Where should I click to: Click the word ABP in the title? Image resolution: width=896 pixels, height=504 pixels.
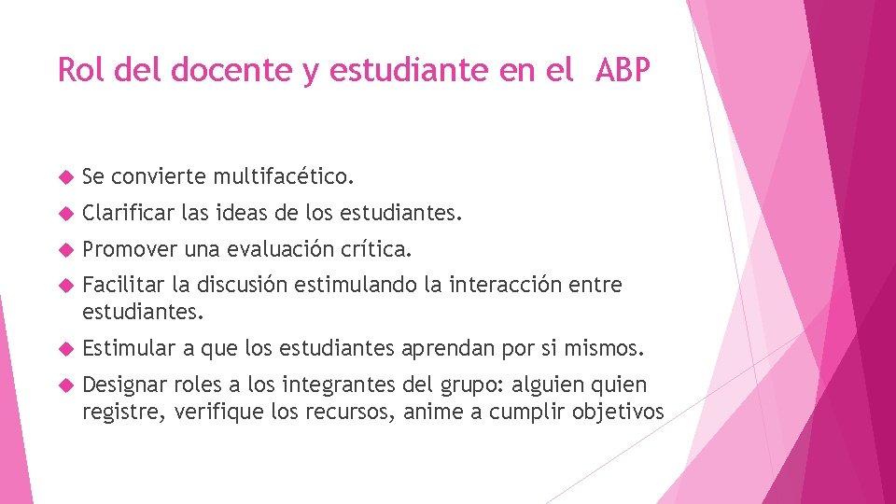click(x=619, y=69)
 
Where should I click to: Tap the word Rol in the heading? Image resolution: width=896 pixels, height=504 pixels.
click(x=77, y=69)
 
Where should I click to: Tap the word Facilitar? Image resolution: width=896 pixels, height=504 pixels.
click(x=119, y=284)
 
